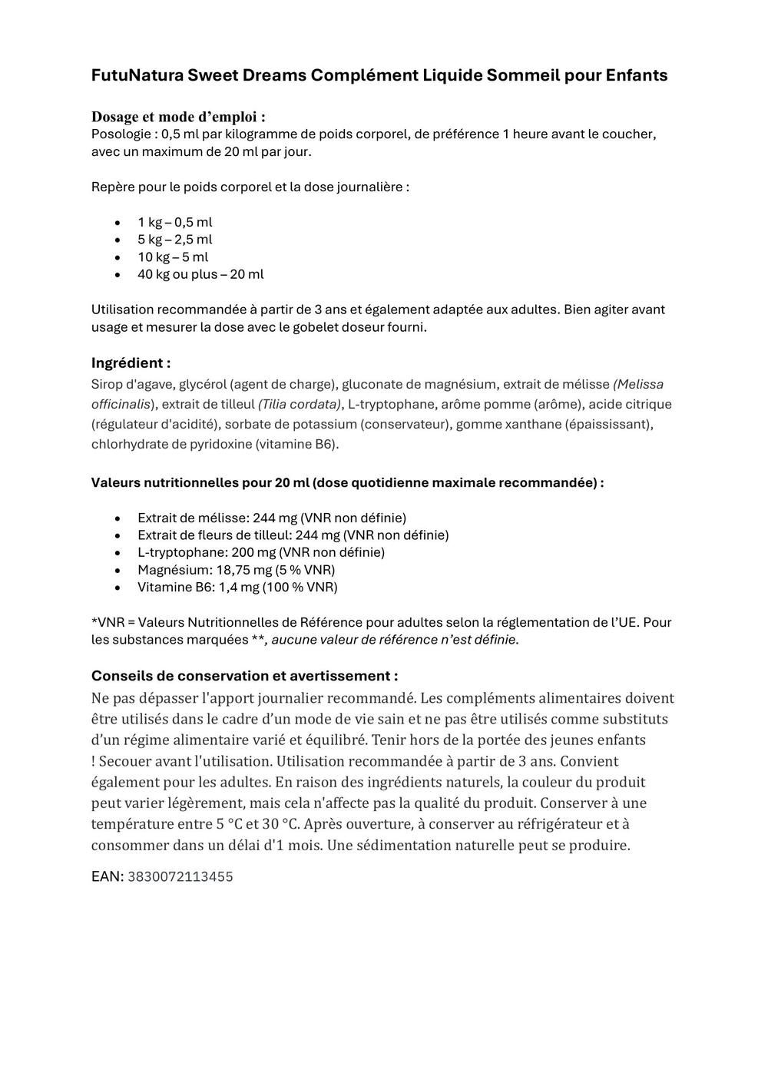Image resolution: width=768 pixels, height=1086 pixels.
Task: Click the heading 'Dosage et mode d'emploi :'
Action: coord(178,117)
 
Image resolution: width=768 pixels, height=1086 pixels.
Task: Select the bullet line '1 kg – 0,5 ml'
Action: coord(174,223)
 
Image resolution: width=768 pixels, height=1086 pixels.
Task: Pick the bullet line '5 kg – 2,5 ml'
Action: coord(174,240)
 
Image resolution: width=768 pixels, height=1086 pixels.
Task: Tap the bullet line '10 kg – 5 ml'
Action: coord(173,257)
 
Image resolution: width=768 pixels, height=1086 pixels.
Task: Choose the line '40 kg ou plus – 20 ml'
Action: coord(200,274)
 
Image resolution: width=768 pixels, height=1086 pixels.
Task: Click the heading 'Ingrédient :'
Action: coord(131,363)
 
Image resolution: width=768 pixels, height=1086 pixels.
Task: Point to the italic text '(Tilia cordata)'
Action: coord(300,404)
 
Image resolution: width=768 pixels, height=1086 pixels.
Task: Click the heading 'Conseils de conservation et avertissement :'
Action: coord(244,676)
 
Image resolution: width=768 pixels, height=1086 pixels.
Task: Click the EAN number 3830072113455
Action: coord(180,876)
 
